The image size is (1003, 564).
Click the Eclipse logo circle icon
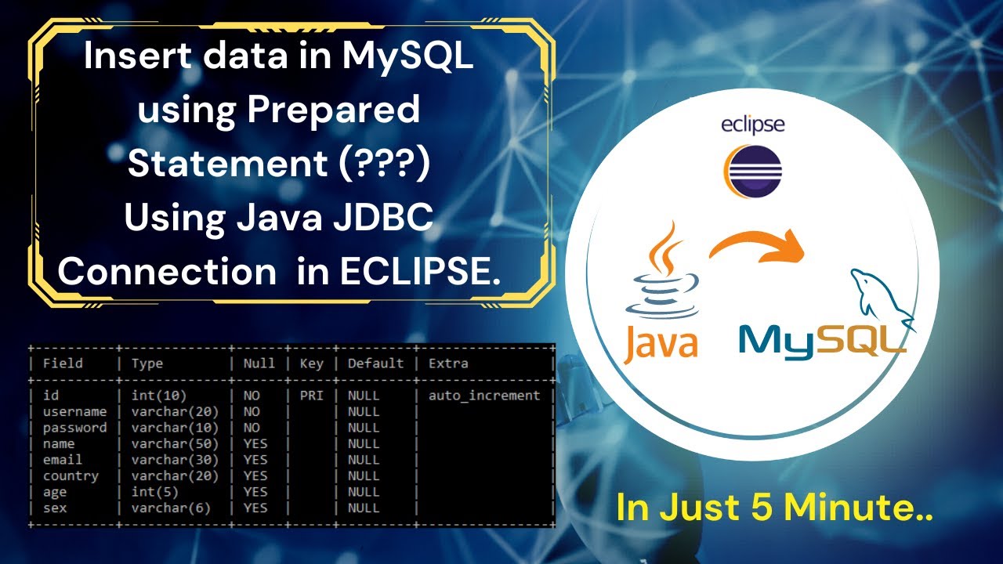coord(752,169)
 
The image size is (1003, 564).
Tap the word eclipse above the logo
coord(752,125)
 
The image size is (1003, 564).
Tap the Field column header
coord(63,363)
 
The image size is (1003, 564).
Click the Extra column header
coord(448,363)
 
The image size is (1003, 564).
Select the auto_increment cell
coord(483,396)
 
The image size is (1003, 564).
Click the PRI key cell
coord(311,396)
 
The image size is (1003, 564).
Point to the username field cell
coord(74,412)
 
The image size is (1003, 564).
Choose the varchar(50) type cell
coord(175,444)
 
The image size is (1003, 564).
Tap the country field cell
coord(71,476)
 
